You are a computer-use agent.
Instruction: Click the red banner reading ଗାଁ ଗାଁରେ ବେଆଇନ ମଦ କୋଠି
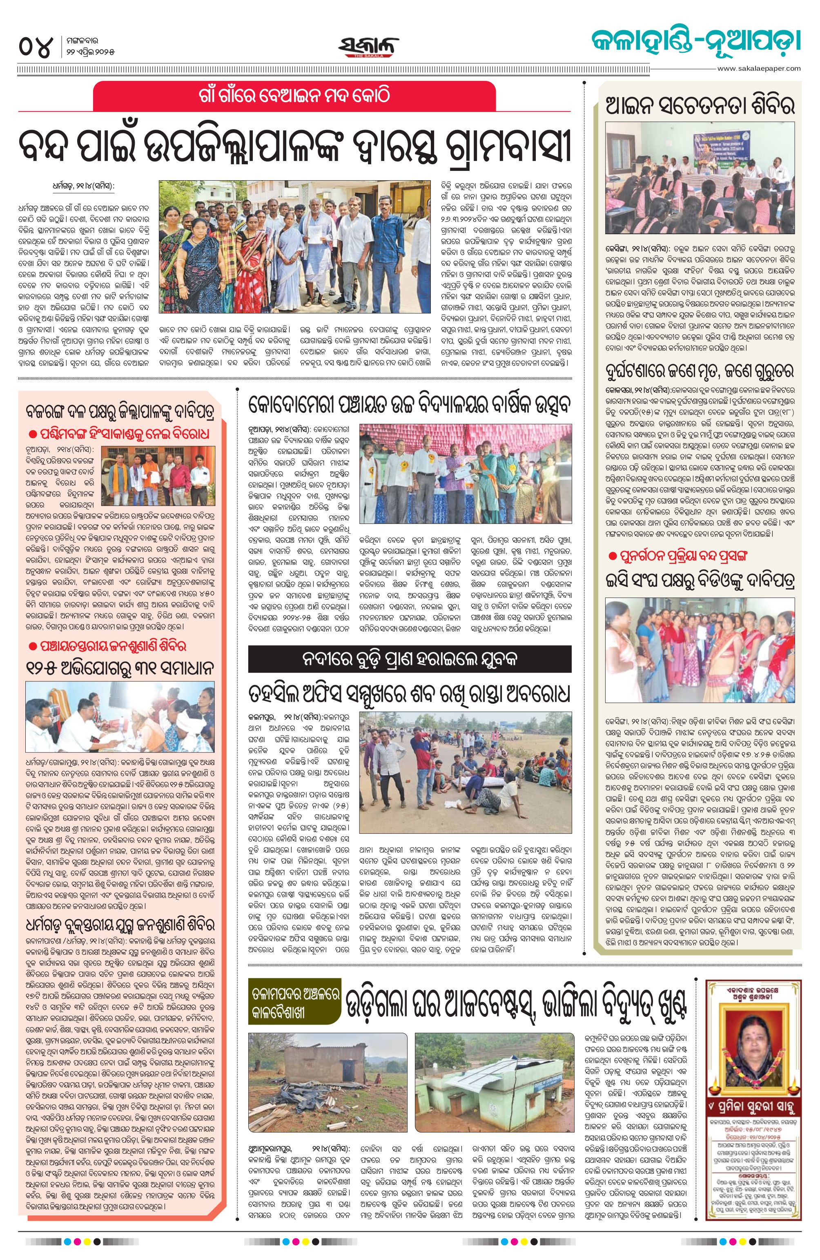coord(294,96)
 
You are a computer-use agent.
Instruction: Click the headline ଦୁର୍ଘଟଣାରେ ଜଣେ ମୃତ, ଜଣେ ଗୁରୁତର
coord(700,369)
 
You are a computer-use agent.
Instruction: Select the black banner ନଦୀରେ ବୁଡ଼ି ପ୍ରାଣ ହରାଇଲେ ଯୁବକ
coord(410,658)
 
